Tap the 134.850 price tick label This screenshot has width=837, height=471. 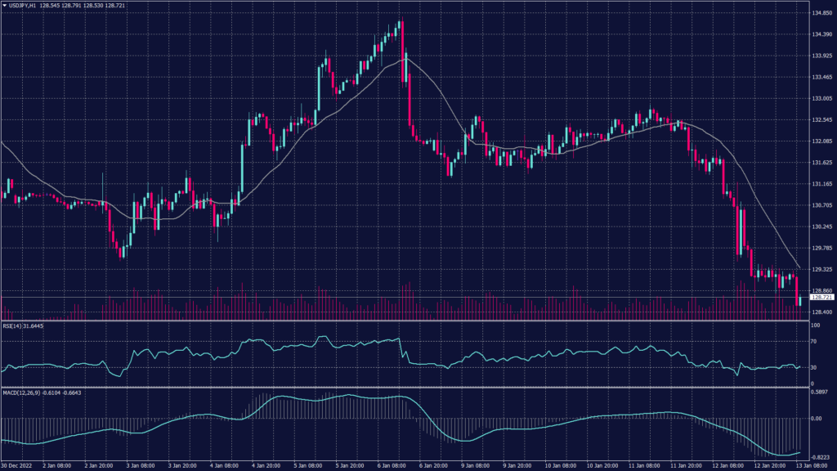821,13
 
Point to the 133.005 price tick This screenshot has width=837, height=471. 821,98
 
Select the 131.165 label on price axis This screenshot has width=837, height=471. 821,184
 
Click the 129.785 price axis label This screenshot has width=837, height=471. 821,248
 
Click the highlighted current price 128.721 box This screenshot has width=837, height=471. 821,298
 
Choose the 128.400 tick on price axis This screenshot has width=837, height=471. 821,312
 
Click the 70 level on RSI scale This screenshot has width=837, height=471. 815,343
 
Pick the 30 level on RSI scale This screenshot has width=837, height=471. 815,367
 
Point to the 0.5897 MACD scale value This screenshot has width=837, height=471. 821,392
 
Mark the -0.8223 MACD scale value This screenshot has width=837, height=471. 821,457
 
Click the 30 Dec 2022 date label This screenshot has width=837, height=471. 17,466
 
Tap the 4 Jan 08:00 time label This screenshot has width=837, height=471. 224,466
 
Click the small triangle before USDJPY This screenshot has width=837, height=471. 4,7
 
